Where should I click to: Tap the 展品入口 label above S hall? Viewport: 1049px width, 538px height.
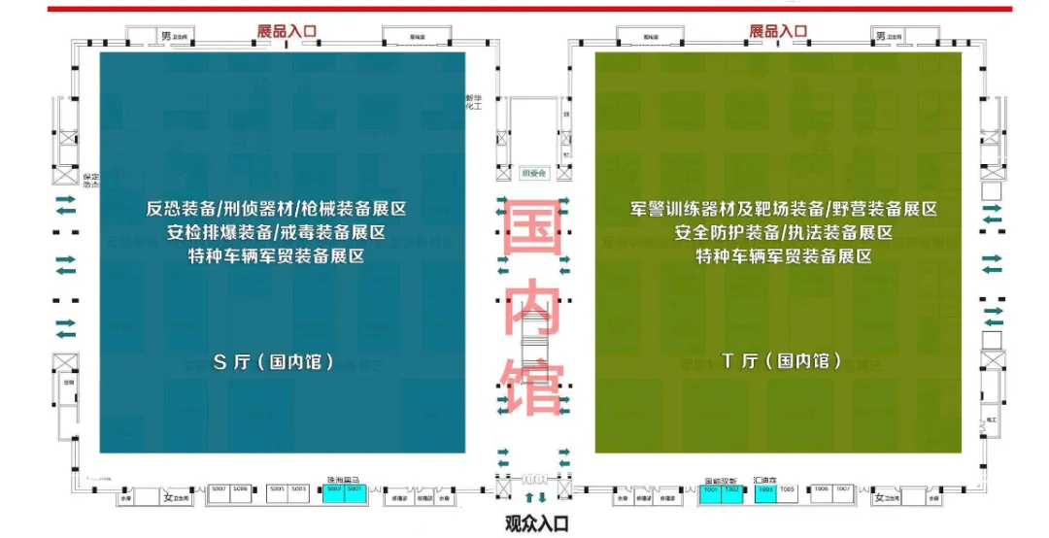coord(287,31)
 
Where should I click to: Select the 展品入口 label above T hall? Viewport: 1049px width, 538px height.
coord(778,31)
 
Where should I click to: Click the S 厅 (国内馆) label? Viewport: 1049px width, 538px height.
coord(273,362)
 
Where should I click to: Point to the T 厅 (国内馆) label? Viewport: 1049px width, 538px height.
coord(781,361)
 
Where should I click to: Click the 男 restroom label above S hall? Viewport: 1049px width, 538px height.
coord(166,36)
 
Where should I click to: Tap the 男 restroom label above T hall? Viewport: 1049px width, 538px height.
coord(880,36)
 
